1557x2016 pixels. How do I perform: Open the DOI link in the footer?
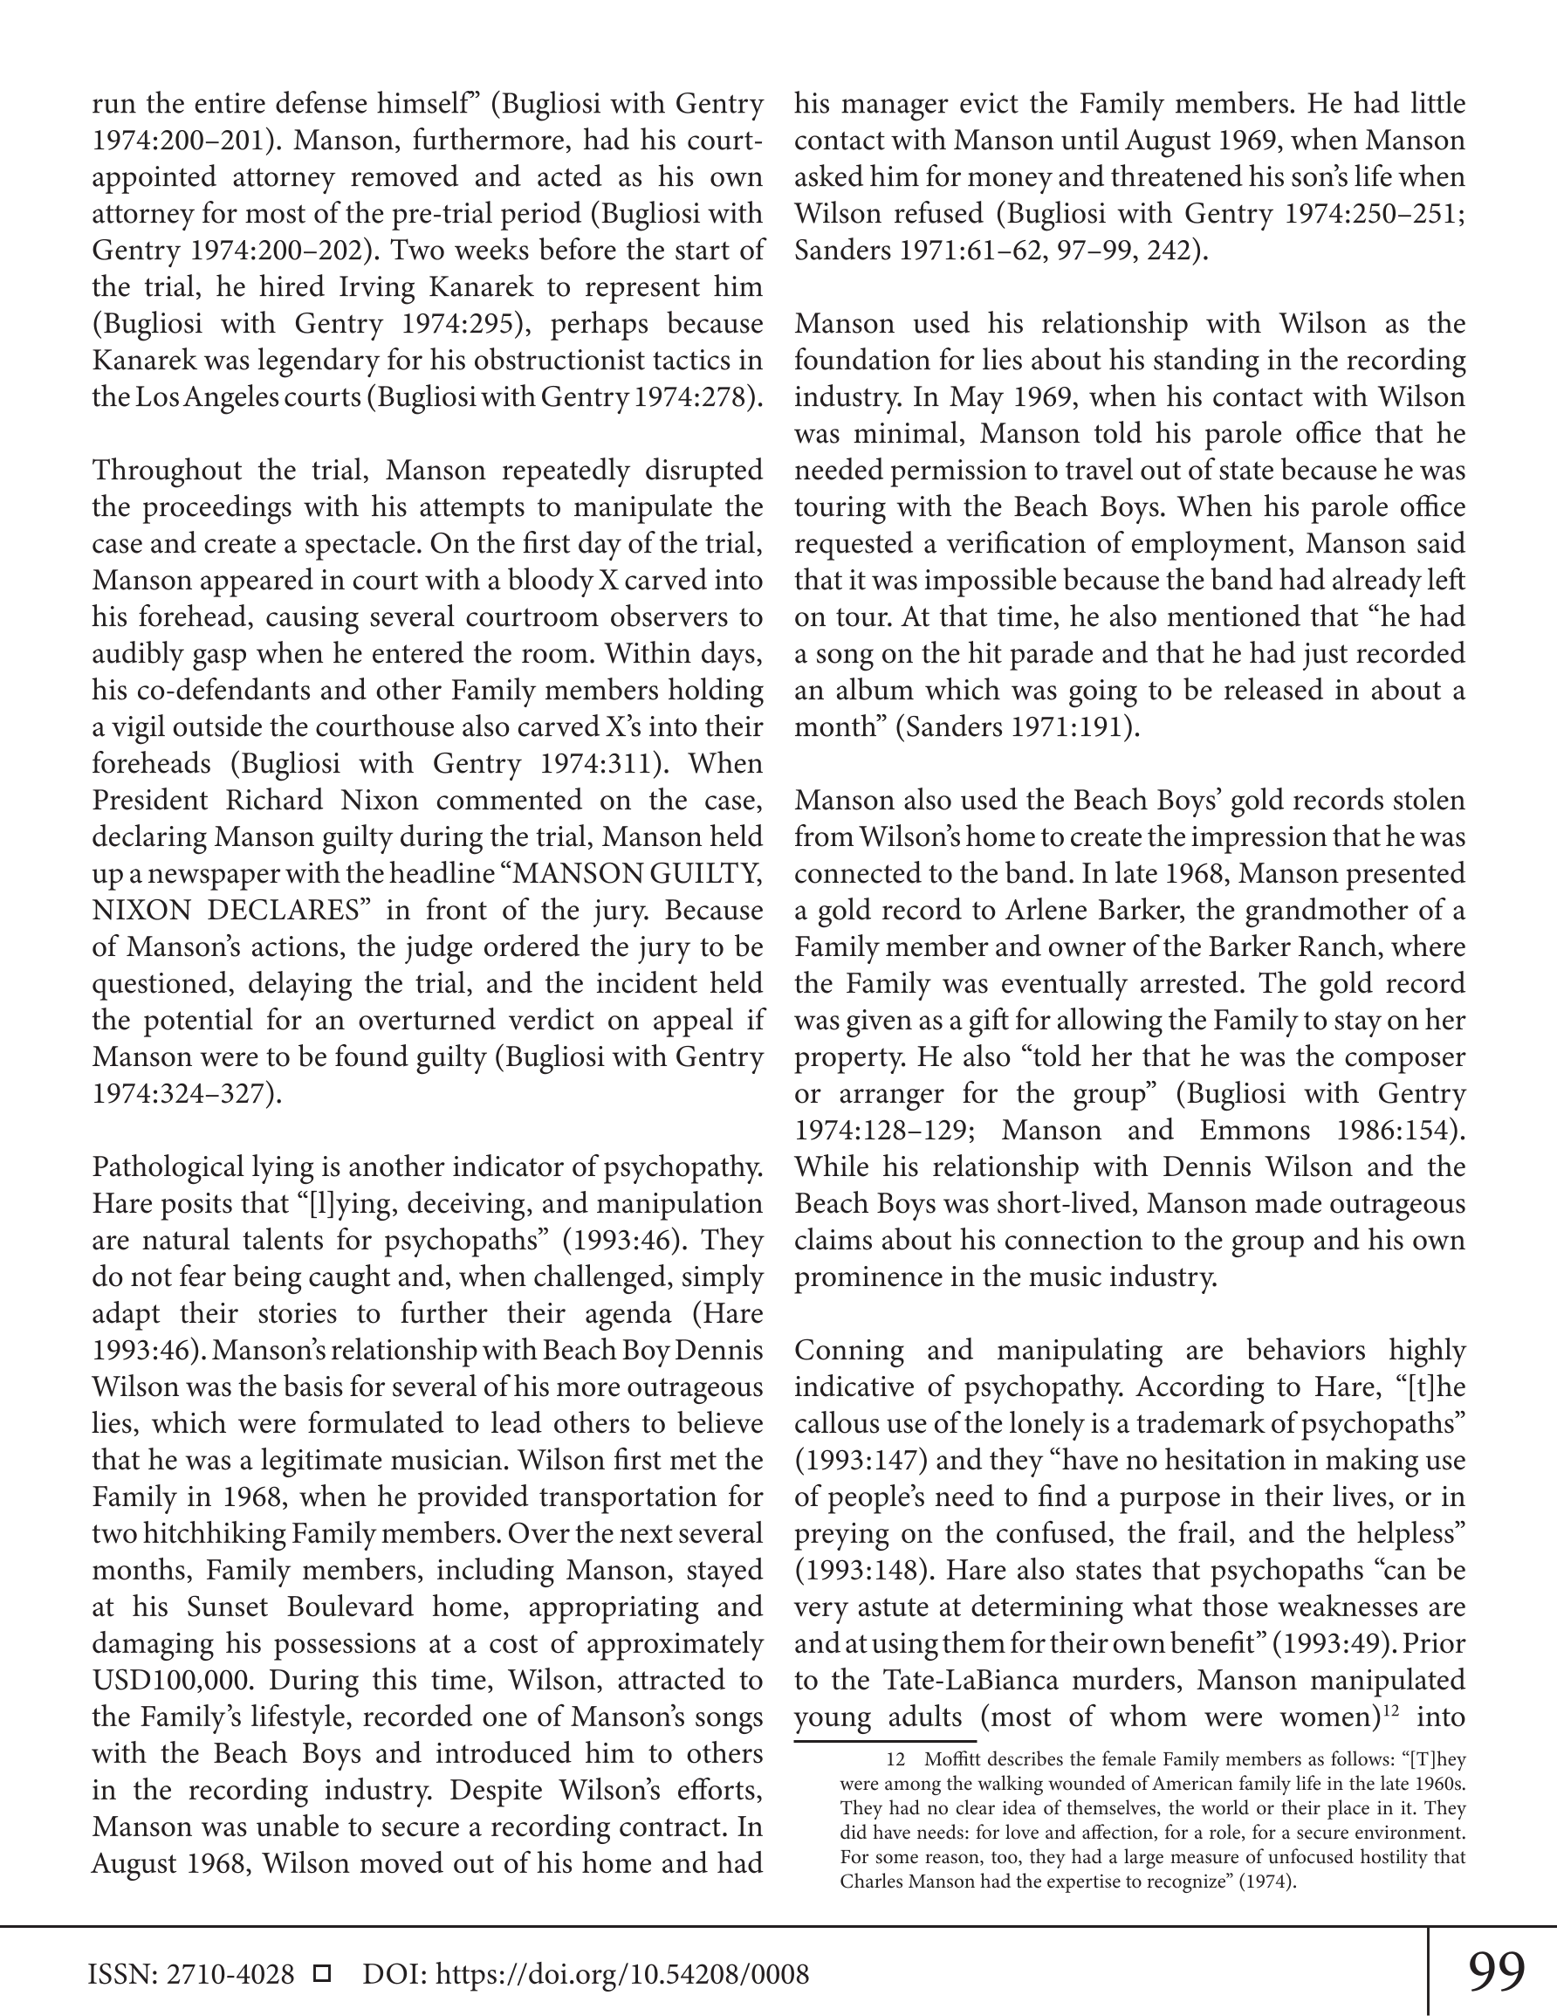pyautogui.click(x=622, y=1974)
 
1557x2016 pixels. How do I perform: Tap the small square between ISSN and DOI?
pyautogui.click(x=323, y=1973)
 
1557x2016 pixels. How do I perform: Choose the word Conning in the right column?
pyautogui.click(x=849, y=1351)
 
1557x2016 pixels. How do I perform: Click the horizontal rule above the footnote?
pyautogui.click(x=885, y=1740)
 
